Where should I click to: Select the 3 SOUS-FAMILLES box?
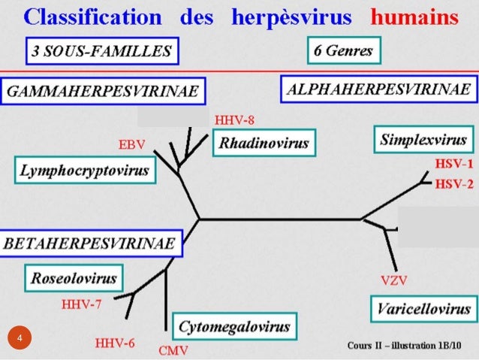click(x=101, y=52)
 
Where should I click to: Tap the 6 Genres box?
click(x=344, y=52)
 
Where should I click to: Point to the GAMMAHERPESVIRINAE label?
click(x=102, y=91)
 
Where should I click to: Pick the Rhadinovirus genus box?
click(x=264, y=143)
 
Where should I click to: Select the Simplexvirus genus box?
click(x=423, y=140)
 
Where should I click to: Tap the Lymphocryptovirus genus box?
click(x=84, y=171)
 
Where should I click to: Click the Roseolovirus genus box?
click(x=74, y=279)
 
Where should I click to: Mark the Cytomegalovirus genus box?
click(x=234, y=327)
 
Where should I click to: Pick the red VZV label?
click(x=393, y=282)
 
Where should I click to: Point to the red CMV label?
click(x=173, y=350)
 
